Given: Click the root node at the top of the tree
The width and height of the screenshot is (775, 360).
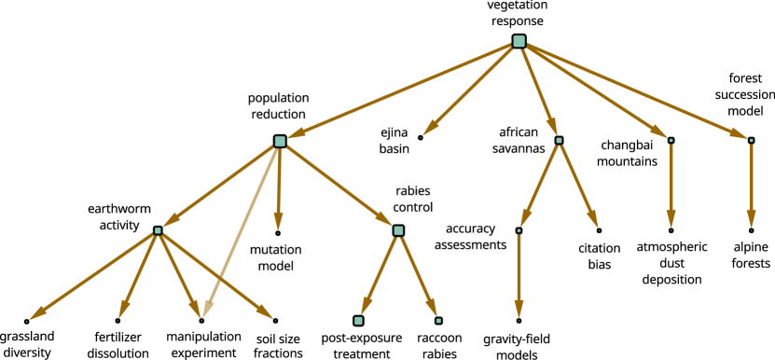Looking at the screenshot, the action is pos(519,41).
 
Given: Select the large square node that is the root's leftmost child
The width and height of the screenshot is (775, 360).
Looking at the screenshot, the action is pos(280,142).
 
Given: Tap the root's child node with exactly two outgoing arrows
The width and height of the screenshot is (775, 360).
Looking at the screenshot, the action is pos(559,141).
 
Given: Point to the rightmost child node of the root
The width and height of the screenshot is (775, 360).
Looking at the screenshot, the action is pos(751,141).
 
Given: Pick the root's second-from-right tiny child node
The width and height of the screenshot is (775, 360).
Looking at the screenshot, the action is pos(671,141).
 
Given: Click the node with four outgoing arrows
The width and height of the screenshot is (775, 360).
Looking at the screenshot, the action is pos(158,230).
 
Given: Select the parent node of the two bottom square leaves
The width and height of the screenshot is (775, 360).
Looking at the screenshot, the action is pos(398,230).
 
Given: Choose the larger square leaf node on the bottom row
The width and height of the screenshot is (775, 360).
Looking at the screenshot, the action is pos(358,321).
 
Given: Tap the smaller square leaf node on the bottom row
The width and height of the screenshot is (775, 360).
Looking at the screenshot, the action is pos(438,321).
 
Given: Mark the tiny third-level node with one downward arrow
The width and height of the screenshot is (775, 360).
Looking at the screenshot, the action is pos(519,230).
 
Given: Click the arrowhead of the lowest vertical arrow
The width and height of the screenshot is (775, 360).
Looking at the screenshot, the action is pos(519,311).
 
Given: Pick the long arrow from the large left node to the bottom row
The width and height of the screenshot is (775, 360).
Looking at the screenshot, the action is pos(241,233).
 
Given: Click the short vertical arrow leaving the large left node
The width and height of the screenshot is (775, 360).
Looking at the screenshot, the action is pos(279,187).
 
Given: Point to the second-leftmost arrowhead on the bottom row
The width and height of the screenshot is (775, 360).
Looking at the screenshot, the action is pos(123,311).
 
